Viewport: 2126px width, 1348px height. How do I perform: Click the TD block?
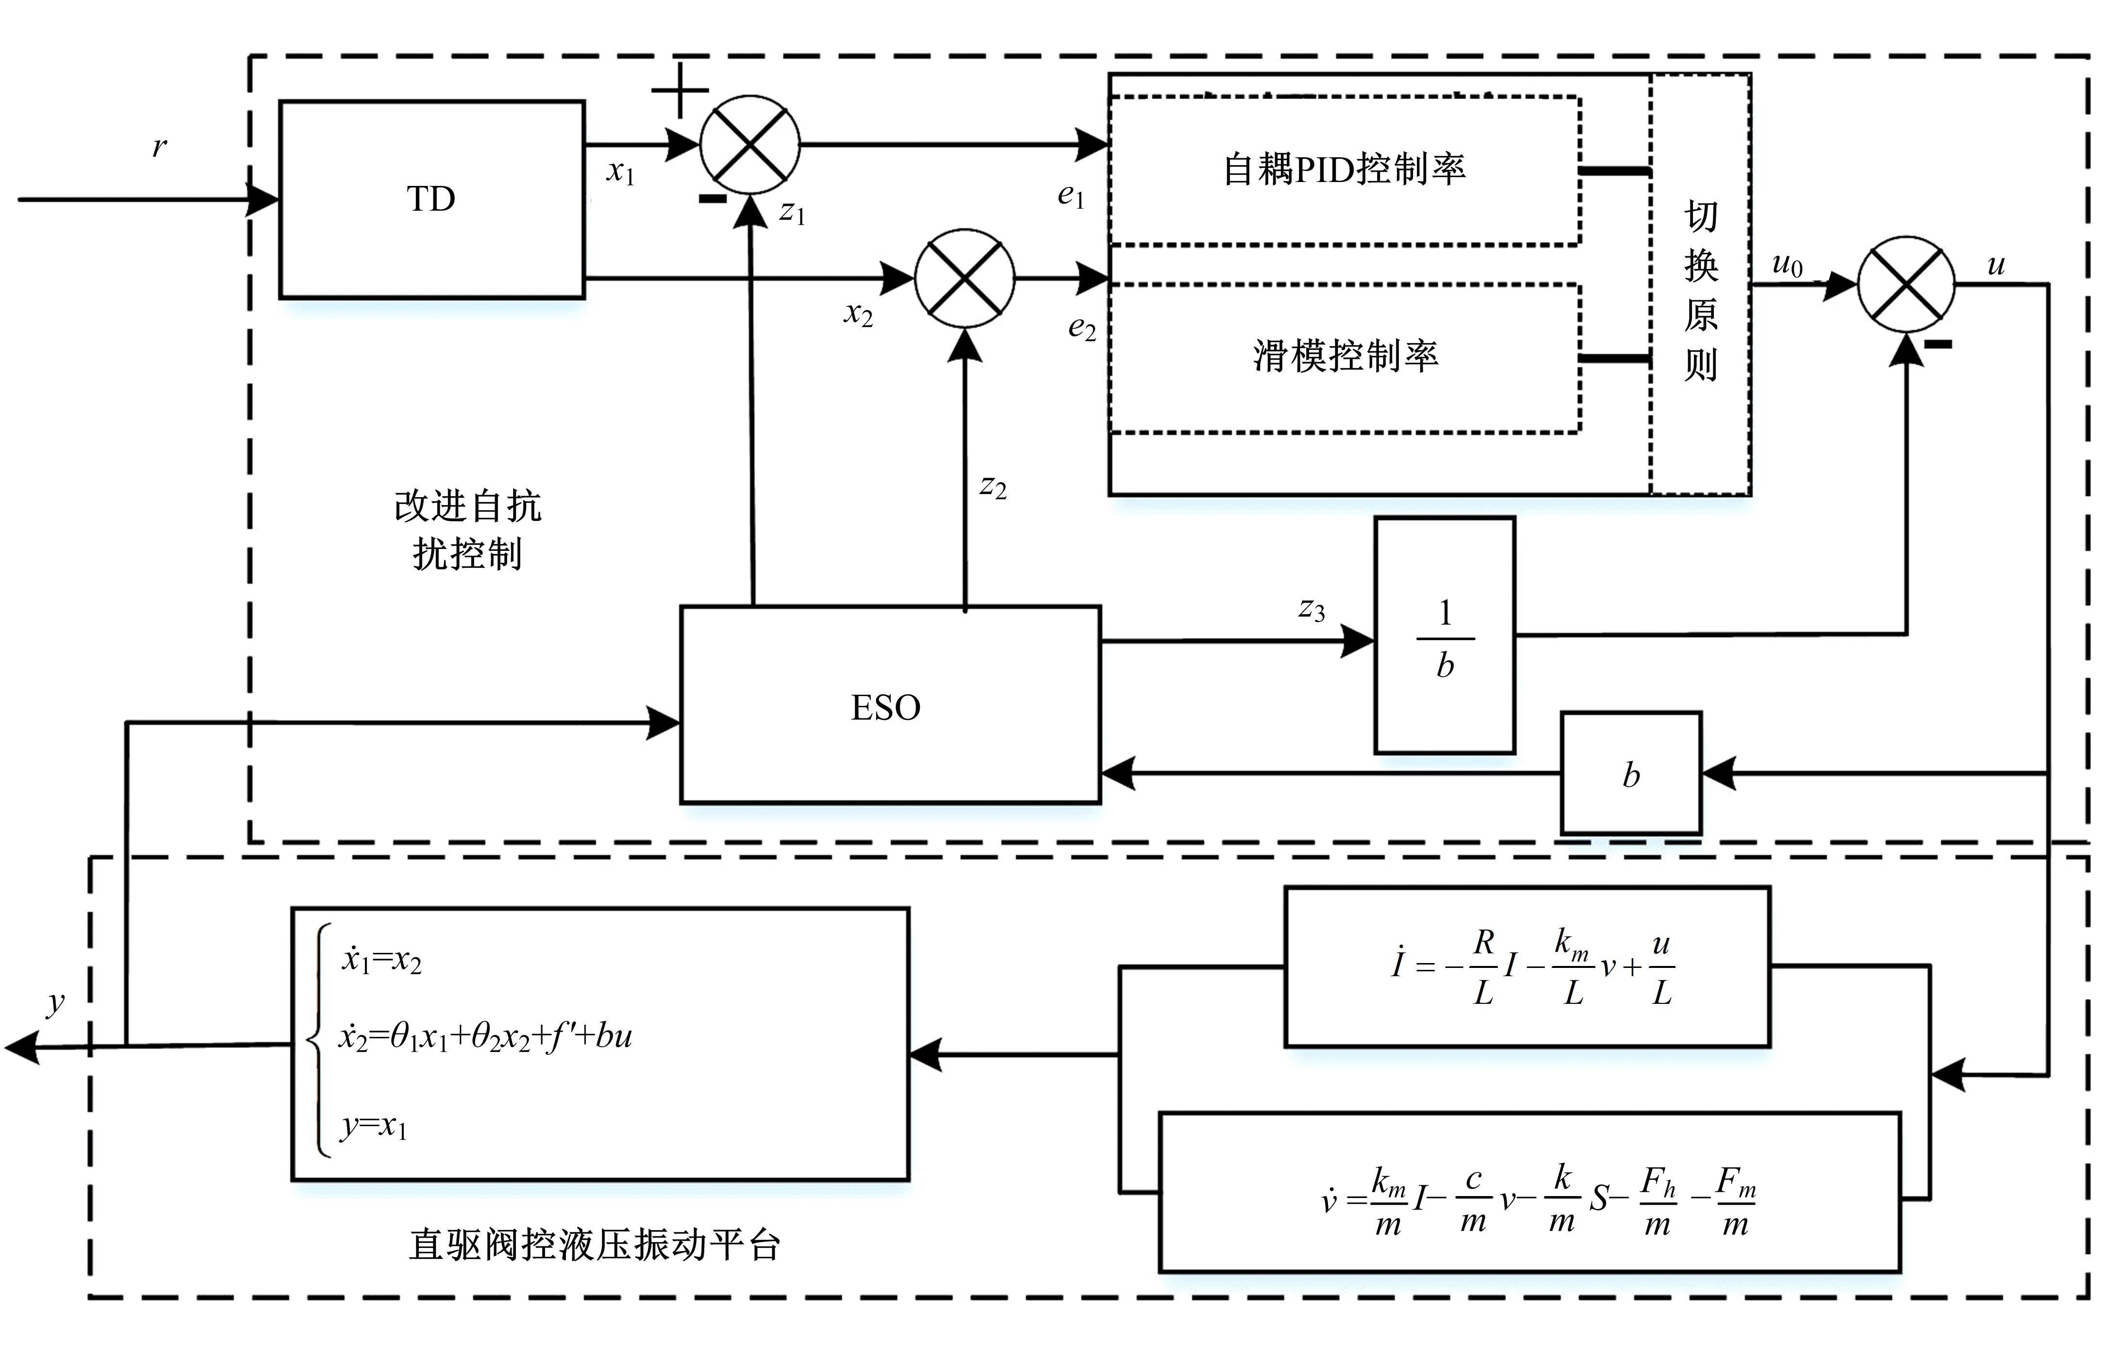[x=432, y=200]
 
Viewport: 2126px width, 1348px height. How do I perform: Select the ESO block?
[x=890, y=704]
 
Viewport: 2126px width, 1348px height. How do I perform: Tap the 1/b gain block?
[x=1445, y=635]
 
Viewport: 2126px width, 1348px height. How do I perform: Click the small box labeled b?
[x=1631, y=773]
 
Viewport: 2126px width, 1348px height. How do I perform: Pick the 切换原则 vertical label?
[x=1700, y=290]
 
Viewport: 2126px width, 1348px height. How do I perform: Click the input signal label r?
[x=159, y=147]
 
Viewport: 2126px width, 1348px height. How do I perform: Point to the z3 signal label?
[x=1311, y=609]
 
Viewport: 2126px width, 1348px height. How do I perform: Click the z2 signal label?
[x=993, y=486]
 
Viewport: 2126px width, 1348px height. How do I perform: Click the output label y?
[x=56, y=1003]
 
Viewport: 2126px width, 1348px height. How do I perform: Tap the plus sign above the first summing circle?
[x=680, y=90]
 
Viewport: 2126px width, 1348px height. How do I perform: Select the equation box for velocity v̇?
[x=1529, y=1192]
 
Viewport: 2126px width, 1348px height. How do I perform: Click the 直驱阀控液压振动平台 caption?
[x=594, y=1245]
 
